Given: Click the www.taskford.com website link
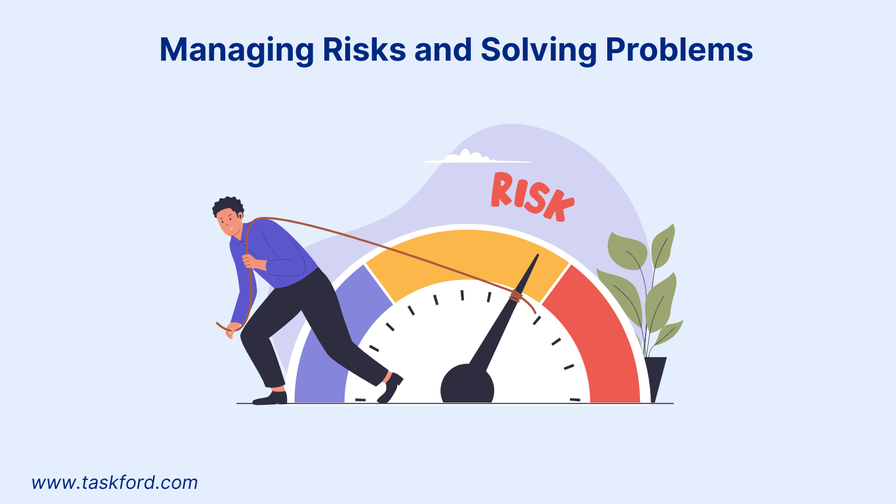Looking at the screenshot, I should [x=114, y=483].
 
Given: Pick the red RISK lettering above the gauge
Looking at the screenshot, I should [x=531, y=197].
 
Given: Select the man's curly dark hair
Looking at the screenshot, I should [x=228, y=205].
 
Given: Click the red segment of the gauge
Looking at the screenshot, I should [x=601, y=338].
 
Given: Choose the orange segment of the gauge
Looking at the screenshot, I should [x=467, y=257].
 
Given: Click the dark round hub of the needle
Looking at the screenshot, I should [x=467, y=385].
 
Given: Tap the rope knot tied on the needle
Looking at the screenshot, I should [x=516, y=296].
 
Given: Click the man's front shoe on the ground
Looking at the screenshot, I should [x=271, y=398].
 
